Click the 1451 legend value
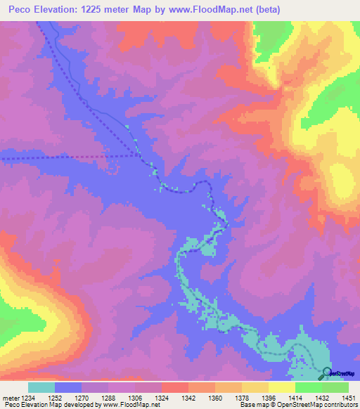[x=349, y=397]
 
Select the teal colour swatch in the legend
[x=41, y=387]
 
